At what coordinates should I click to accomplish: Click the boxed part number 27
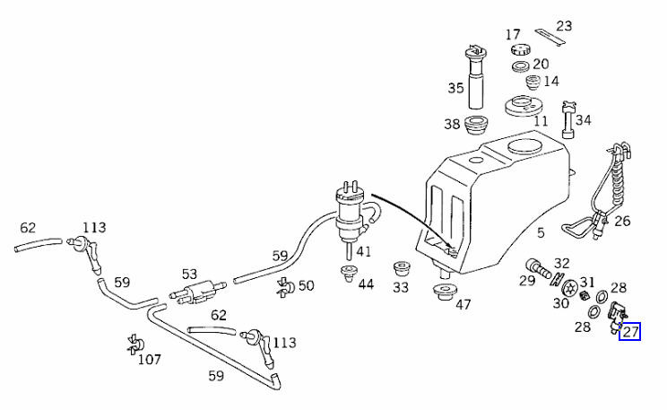pyautogui.click(x=630, y=332)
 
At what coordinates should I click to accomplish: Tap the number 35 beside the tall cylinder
pyautogui.click(x=456, y=88)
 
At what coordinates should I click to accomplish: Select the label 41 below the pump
pyautogui.click(x=363, y=251)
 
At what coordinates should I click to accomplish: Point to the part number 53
pyautogui.click(x=189, y=273)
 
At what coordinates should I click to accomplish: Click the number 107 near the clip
pyautogui.click(x=150, y=360)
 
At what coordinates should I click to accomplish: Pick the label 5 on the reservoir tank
pyautogui.click(x=541, y=233)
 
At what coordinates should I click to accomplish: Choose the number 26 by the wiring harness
pyautogui.click(x=622, y=221)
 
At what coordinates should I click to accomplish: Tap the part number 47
pyautogui.click(x=463, y=305)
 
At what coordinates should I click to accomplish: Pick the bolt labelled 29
pyautogui.click(x=538, y=266)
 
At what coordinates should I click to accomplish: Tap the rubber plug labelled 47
pyautogui.click(x=441, y=293)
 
